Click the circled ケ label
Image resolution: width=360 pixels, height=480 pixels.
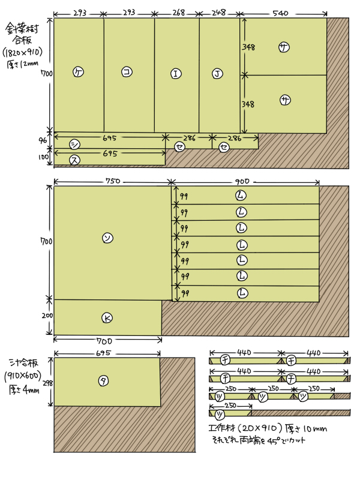(x=78, y=71)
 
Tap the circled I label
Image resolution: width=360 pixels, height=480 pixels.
(x=176, y=74)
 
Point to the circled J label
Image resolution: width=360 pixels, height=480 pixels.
(x=217, y=74)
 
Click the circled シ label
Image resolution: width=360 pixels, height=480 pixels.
(x=74, y=144)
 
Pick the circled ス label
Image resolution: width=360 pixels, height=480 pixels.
(x=74, y=160)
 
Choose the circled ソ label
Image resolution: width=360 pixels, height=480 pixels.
(x=107, y=238)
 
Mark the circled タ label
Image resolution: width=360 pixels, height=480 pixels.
(x=103, y=380)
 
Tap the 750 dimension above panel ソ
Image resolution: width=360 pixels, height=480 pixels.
(x=113, y=181)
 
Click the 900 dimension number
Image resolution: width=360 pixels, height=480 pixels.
(x=242, y=181)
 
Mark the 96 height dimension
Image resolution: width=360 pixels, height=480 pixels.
(x=43, y=140)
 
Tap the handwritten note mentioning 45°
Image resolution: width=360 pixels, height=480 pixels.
(x=258, y=440)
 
